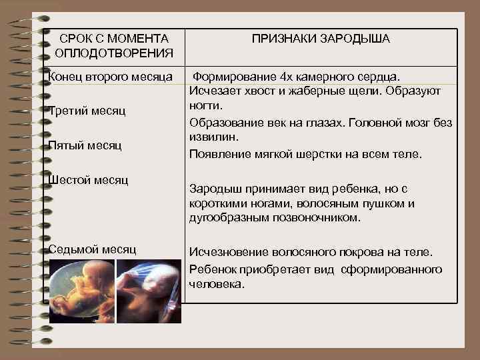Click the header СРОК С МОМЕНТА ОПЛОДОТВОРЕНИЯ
click(x=114, y=45)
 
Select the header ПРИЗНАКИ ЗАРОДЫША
click(x=321, y=39)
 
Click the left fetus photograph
click(x=81, y=291)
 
